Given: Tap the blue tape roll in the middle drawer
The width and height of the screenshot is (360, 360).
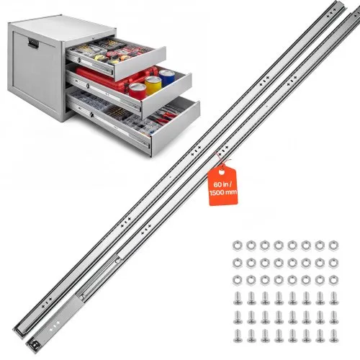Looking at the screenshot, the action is pyautogui.click(x=167, y=78).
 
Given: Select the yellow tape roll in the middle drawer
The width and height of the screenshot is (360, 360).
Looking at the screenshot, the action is pyautogui.click(x=153, y=85).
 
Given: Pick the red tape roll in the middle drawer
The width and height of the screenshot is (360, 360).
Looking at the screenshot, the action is pyautogui.click(x=138, y=91).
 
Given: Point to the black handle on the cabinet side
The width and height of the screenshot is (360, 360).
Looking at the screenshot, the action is pyautogui.click(x=33, y=44).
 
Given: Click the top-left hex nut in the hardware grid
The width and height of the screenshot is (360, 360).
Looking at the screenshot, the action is pyautogui.click(x=237, y=246).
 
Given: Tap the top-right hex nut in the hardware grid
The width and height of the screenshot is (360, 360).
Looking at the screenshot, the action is pyautogui.click(x=333, y=246).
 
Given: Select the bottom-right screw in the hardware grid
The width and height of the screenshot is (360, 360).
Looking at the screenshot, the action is pyautogui.click(x=334, y=336).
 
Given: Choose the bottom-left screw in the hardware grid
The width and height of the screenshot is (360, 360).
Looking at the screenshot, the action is pyautogui.click(x=238, y=336).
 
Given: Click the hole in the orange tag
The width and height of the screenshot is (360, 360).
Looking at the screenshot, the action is pyautogui.click(x=222, y=172).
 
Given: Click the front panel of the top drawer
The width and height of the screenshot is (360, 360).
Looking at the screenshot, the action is pyautogui.click(x=140, y=63).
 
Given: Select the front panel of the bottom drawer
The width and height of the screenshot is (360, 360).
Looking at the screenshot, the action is pyautogui.click(x=176, y=128).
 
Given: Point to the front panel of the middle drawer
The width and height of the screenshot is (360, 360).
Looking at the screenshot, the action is pyautogui.click(x=167, y=96).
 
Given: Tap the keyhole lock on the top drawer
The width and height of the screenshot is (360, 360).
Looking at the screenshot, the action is pyautogui.click(x=79, y=60).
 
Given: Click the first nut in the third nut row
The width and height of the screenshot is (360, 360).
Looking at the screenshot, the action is pyautogui.click(x=237, y=280).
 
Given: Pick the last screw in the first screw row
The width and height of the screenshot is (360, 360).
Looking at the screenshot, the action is pyautogui.click(x=334, y=298).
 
